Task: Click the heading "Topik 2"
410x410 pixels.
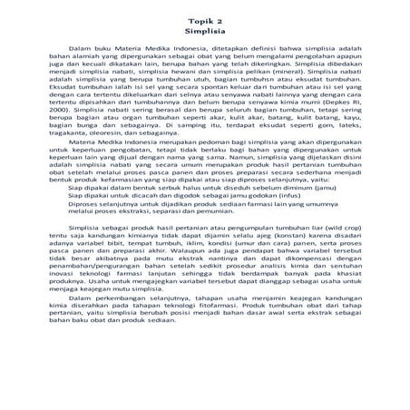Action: [204, 19]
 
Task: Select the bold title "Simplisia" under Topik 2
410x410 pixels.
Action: [204, 30]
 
